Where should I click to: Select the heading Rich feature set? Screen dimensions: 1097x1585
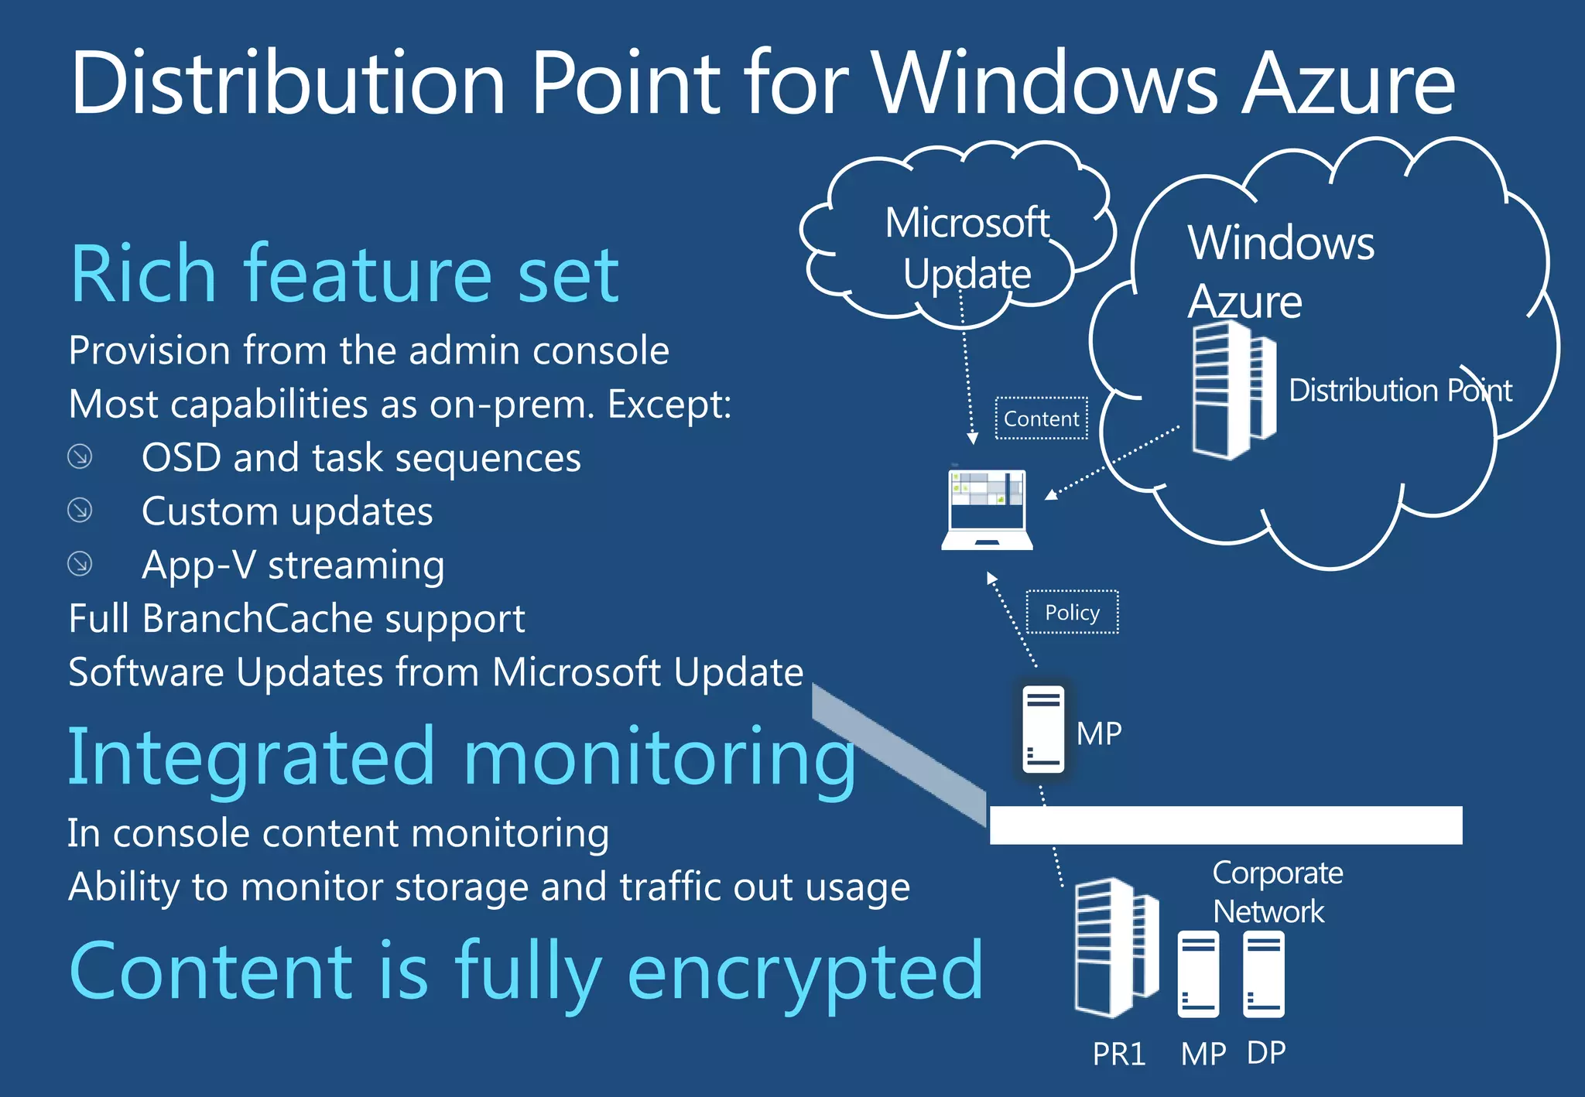point(344,274)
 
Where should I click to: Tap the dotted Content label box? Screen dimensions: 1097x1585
point(1041,419)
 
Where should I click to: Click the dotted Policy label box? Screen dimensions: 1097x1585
point(1072,612)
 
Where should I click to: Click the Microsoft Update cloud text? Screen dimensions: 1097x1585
point(967,248)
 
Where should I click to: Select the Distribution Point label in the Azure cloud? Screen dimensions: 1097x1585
point(1399,390)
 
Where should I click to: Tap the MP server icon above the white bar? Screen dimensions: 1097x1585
point(1043,729)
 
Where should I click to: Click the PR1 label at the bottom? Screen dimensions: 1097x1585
point(1118,1054)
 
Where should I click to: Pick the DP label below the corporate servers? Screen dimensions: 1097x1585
point(1266,1053)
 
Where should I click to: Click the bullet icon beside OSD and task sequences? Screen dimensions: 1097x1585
point(80,456)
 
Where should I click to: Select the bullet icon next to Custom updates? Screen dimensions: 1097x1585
point(80,510)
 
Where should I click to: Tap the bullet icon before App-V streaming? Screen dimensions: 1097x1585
point(80,563)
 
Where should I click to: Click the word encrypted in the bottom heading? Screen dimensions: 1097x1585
point(805,972)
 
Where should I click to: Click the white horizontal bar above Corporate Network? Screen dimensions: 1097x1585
point(1225,825)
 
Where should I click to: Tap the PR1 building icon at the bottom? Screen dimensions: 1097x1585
point(1115,947)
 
